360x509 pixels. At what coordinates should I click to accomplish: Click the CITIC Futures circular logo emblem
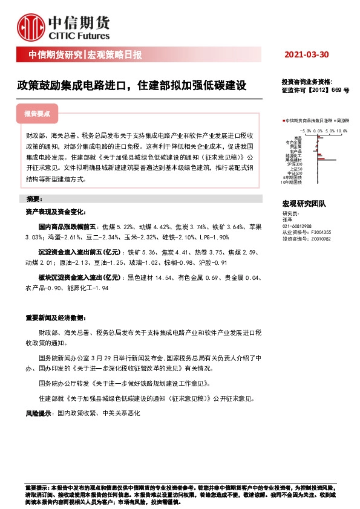pos(31,27)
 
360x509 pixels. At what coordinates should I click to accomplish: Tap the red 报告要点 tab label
pos(37,113)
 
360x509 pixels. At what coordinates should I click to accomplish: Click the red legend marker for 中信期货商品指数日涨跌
pos(283,121)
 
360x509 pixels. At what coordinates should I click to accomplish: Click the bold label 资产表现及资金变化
pos(53,212)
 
